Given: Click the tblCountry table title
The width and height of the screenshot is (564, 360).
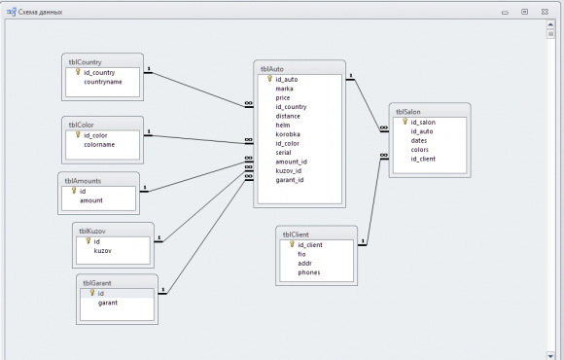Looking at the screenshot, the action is tap(86, 62).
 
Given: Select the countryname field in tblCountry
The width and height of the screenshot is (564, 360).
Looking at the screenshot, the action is tap(103, 82).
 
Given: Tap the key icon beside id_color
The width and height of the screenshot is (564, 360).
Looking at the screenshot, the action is tap(78, 134).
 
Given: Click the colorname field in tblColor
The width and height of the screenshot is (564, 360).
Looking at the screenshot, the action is tap(99, 145).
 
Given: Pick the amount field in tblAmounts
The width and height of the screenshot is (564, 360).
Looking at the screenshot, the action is tap(91, 200).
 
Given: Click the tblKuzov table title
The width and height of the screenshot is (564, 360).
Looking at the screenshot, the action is tap(92, 232).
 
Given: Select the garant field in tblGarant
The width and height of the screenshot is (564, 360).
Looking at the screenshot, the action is tap(108, 303).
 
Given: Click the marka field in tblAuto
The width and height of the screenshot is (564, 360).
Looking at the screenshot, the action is tap(285, 89).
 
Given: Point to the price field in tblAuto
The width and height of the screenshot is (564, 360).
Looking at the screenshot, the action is tap(283, 98).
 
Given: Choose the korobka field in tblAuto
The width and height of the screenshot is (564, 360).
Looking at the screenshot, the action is tap(288, 134).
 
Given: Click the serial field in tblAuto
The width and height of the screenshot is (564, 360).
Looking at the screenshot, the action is tap(283, 153).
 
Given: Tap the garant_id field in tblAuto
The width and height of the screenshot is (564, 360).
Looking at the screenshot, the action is tap(290, 180).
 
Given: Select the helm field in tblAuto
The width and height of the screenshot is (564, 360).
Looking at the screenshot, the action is tap(283, 126).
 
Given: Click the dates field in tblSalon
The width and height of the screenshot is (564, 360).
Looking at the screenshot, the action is tap(419, 141).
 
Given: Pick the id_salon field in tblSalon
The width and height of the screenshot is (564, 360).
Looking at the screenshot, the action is tap(423, 123).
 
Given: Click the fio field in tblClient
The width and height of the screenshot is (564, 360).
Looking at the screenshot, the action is tap(301, 254).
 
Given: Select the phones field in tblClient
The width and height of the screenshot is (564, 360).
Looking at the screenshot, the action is tap(309, 272).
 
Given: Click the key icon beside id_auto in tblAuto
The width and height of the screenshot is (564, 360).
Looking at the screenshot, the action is tap(269, 79).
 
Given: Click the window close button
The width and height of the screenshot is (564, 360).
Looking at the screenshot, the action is tap(545, 12).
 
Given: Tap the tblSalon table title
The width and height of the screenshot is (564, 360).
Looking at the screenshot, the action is tap(408, 112).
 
